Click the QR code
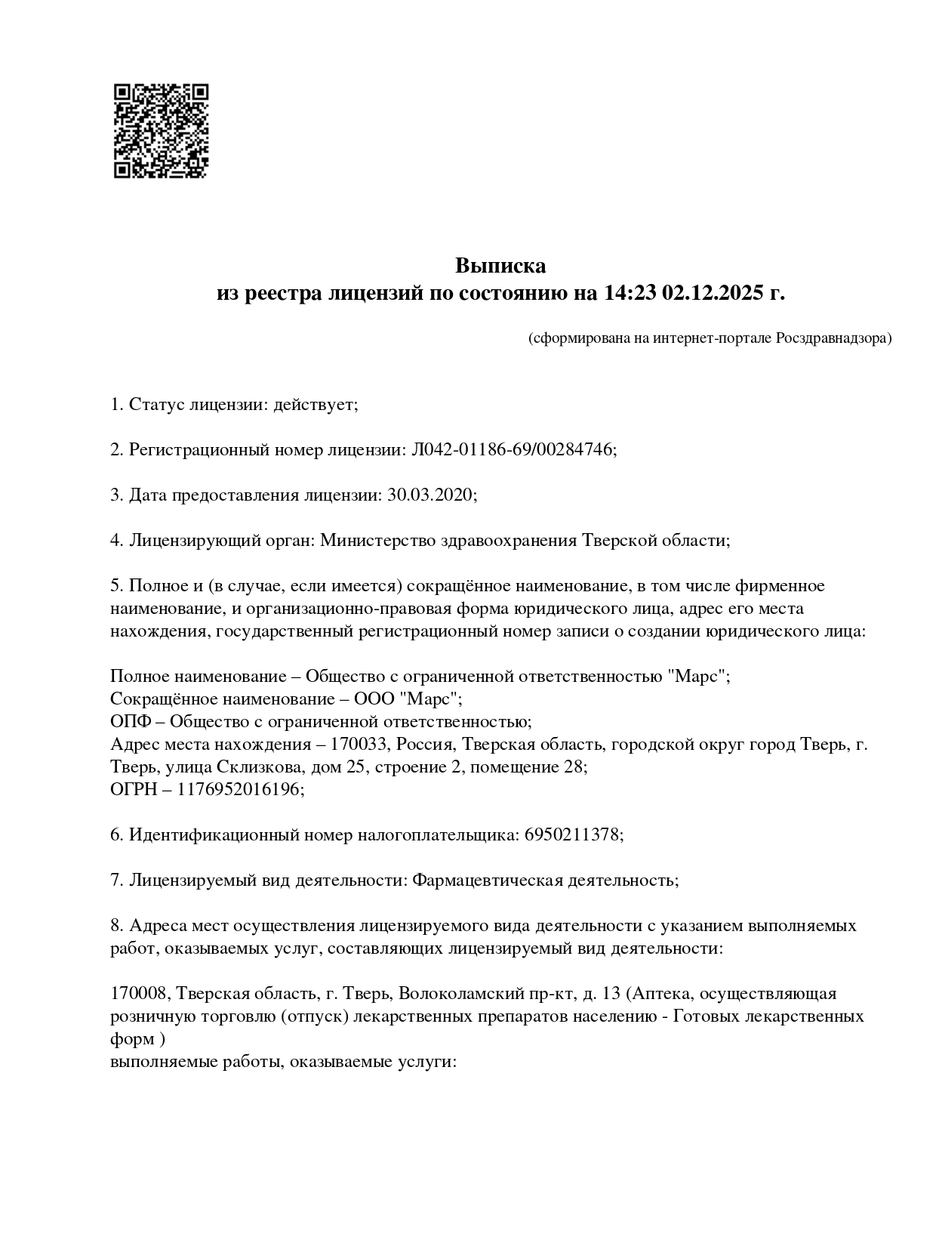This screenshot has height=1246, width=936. (x=161, y=131)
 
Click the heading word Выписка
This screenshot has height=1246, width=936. (x=500, y=266)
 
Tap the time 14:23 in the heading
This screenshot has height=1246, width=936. (x=630, y=293)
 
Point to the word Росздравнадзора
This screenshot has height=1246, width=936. (x=833, y=338)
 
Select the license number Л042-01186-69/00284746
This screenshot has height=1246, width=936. (x=512, y=450)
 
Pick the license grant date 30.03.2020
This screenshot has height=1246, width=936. (x=430, y=495)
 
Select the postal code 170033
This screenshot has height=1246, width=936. (x=359, y=745)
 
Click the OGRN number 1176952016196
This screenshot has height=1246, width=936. (x=239, y=790)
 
